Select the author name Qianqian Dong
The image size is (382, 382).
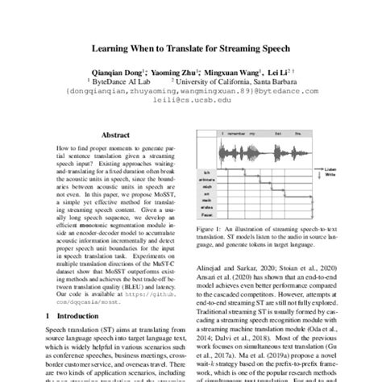pos(114,71)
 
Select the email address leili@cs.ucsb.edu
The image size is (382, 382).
pos(191,100)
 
